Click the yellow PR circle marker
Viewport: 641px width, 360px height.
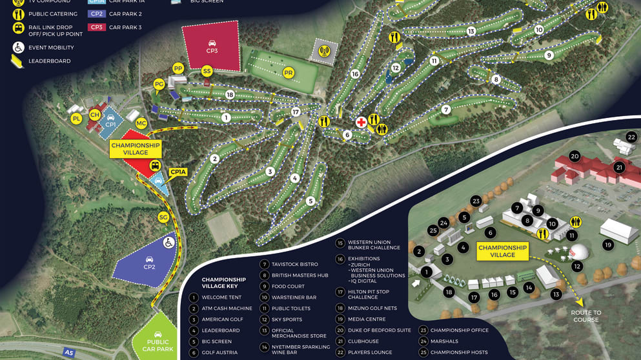[289, 73]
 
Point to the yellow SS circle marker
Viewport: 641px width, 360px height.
[207, 70]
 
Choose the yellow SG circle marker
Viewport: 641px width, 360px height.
[163, 217]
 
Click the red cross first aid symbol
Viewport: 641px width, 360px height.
[361, 122]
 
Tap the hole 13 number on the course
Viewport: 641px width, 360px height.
[471, 31]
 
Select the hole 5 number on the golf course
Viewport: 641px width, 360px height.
[310, 201]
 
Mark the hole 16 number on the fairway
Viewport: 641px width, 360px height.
[354, 74]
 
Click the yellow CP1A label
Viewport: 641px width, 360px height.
[178, 172]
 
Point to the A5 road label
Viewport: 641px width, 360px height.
[69, 353]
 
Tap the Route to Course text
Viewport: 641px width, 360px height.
[585, 316]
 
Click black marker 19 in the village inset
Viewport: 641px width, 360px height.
[607, 245]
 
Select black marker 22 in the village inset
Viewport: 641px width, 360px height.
[631, 137]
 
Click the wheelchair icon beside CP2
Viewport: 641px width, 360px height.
[168, 243]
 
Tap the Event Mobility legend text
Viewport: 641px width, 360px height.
[51, 47]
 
